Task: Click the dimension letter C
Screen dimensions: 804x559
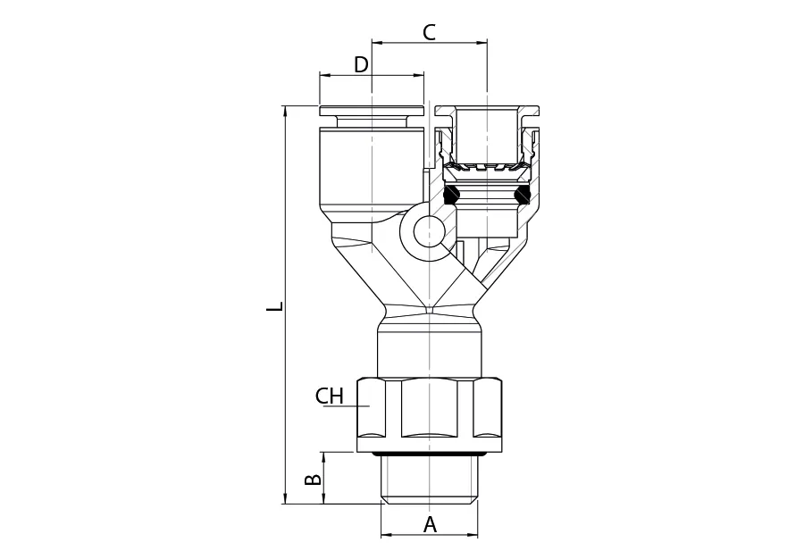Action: (x=429, y=32)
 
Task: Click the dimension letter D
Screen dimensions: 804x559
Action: (x=362, y=65)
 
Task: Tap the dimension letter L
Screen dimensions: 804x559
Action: (x=275, y=306)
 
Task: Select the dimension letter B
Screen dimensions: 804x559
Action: (x=314, y=480)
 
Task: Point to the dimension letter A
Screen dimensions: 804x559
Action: (x=431, y=525)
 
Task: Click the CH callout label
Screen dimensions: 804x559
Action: (x=329, y=396)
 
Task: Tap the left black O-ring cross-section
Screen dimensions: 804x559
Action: (x=451, y=194)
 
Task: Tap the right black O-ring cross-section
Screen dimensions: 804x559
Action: (x=523, y=194)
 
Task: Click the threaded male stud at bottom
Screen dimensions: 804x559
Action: (x=430, y=480)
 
